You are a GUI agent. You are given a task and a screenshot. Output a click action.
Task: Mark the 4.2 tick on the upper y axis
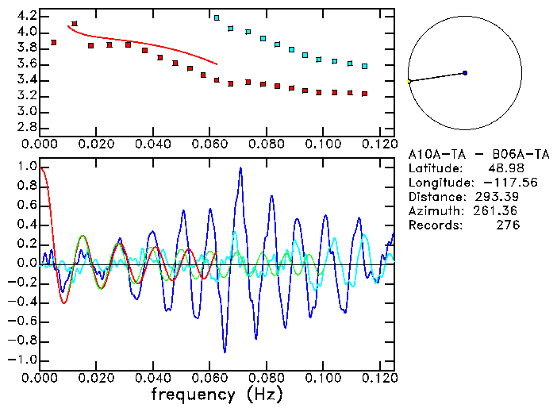[26, 16]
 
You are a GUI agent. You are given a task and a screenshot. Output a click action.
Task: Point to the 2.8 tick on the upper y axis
[26, 127]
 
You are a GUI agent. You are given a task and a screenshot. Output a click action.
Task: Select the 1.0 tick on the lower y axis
[26, 167]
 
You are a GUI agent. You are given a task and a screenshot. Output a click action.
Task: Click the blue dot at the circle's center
[465, 73]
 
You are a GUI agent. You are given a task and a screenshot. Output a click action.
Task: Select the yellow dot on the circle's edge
[409, 81]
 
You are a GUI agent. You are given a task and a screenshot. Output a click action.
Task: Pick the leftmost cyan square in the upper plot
[217, 17]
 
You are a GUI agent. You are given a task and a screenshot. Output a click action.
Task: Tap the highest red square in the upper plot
[75, 24]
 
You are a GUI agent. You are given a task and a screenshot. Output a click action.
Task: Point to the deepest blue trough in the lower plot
[225, 350]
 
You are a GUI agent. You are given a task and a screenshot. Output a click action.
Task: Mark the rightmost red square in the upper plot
[364, 94]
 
